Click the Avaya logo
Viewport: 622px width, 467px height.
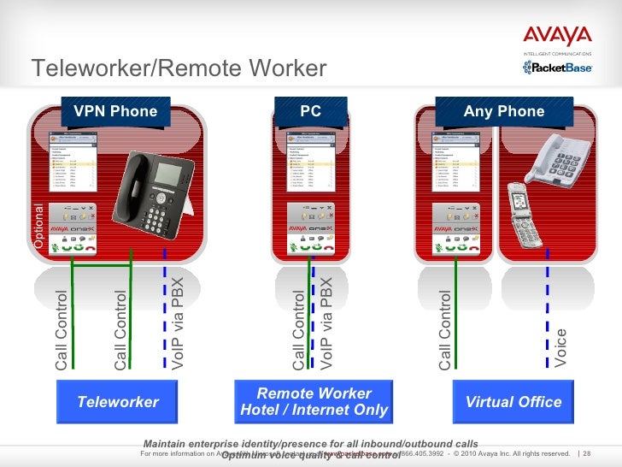pyautogui.click(x=557, y=36)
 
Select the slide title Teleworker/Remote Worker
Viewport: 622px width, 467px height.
pyautogui.click(x=179, y=68)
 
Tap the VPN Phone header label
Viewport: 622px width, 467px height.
pyautogui.click(x=115, y=111)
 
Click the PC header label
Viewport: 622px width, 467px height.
pyautogui.click(x=310, y=111)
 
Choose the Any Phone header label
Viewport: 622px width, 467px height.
pyautogui.click(x=503, y=111)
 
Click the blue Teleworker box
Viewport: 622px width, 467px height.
pyautogui.click(x=118, y=402)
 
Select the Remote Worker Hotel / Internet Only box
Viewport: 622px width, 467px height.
pyautogui.click(x=314, y=402)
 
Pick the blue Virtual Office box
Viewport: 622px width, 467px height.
pyautogui.click(x=513, y=402)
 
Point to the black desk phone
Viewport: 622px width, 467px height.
pyautogui.click(x=155, y=195)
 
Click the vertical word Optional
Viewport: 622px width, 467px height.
pyautogui.click(x=38, y=227)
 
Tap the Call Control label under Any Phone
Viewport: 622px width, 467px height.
pyautogui.click(x=444, y=330)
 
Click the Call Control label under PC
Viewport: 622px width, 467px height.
pyautogui.click(x=298, y=330)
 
